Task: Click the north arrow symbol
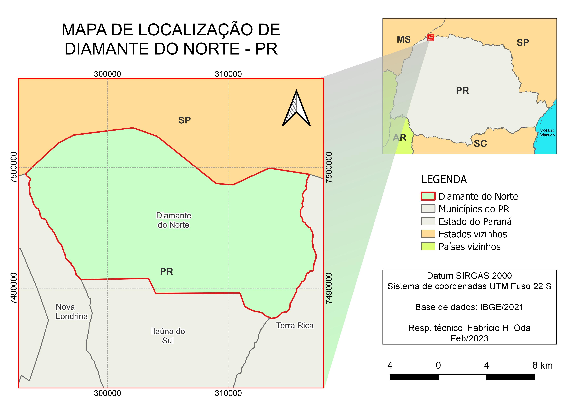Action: point(296,109)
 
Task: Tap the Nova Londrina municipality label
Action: point(72,312)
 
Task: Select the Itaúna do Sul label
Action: point(168,336)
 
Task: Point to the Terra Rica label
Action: point(295,325)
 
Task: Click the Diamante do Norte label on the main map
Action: point(173,220)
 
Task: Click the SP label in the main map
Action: point(184,120)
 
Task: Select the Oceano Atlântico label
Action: point(547,132)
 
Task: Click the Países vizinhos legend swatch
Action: point(428,247)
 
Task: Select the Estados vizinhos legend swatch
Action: point(428,234)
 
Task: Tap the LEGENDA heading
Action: point(444,179)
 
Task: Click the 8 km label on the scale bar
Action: point(542,366)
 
